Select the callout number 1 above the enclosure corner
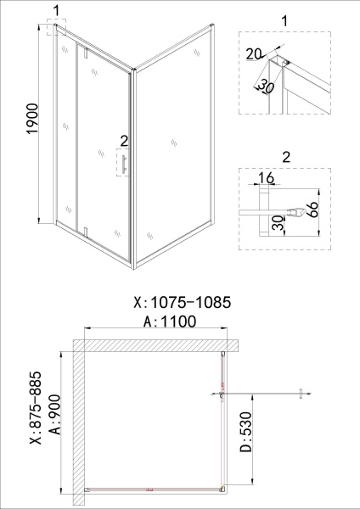[x=56, y=10]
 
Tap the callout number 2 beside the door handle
[x=124, y=139]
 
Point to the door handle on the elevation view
[x=123, y=163]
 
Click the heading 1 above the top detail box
[x=284, y=18]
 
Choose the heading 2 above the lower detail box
[x=284, y=155]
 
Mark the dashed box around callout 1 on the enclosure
[x=56, y=28]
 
